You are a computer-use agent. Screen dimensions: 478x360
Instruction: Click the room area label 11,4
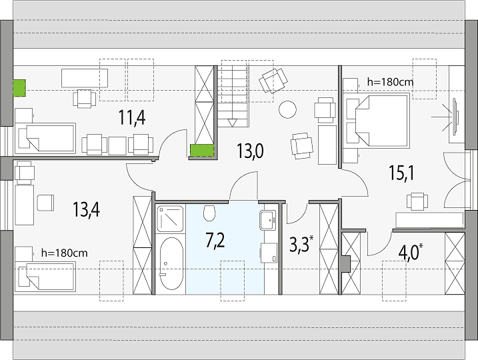click(x=132, y=118)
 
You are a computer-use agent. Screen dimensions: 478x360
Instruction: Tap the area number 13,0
click(x=250, y=151)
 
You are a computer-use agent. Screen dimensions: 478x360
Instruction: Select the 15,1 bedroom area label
click(x=401, y=173)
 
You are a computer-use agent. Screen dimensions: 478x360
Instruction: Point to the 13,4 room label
click(x=86, y=209)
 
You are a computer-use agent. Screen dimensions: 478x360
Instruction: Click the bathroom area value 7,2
click(x=215, y=240)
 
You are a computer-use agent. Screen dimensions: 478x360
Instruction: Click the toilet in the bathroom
click(x=209, y=213)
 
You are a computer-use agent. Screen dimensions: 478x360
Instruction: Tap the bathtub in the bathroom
click(x=171, y=264)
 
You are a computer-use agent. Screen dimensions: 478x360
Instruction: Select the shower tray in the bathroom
click(x=171, y=219)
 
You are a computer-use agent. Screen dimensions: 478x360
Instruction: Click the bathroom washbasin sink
click(x=268, y=219)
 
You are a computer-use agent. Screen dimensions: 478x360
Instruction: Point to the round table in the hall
click(x=287, y=109)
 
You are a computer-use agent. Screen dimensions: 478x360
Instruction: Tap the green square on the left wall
click(x=19, y=88)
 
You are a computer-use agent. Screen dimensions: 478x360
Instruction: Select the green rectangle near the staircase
click(x=202, y=151)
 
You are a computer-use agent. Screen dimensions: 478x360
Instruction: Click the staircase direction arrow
click(x=232, y=123)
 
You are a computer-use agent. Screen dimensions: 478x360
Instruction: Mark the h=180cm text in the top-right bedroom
click(x=390, y=82)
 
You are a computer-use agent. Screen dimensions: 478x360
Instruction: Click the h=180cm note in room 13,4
click(x=64, y=253)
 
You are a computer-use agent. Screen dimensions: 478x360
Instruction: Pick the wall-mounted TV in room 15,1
click(x=455, y=117)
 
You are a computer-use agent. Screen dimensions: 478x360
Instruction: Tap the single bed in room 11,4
click(x=45, y=138)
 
